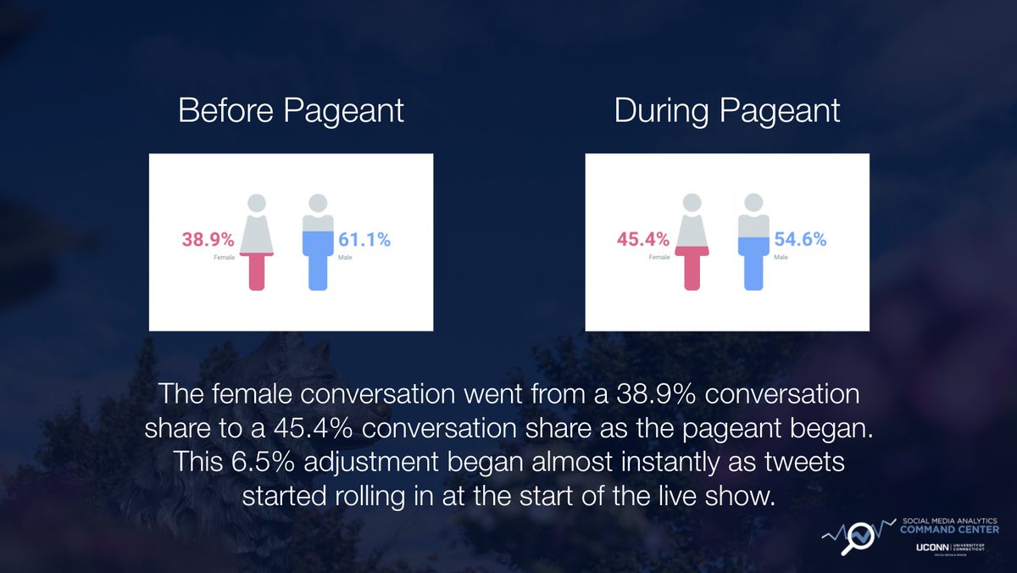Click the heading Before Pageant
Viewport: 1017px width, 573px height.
[291, 112]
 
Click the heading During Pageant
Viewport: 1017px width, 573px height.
[727, 112]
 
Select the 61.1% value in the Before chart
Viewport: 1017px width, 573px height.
[364, 240]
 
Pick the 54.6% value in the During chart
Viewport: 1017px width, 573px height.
[800, 240]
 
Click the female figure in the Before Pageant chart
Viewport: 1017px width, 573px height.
[257, 242]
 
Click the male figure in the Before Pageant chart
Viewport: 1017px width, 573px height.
[318, 242]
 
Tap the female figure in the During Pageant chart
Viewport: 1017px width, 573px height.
[692, 242]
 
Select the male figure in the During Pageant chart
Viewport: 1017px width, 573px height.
[753, 242]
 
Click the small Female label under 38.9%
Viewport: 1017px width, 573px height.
[224, 256]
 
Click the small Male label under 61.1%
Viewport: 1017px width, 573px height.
[346, 256]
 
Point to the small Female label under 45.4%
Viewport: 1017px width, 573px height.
[659, 256]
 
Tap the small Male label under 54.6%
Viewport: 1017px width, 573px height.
[781, 256]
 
